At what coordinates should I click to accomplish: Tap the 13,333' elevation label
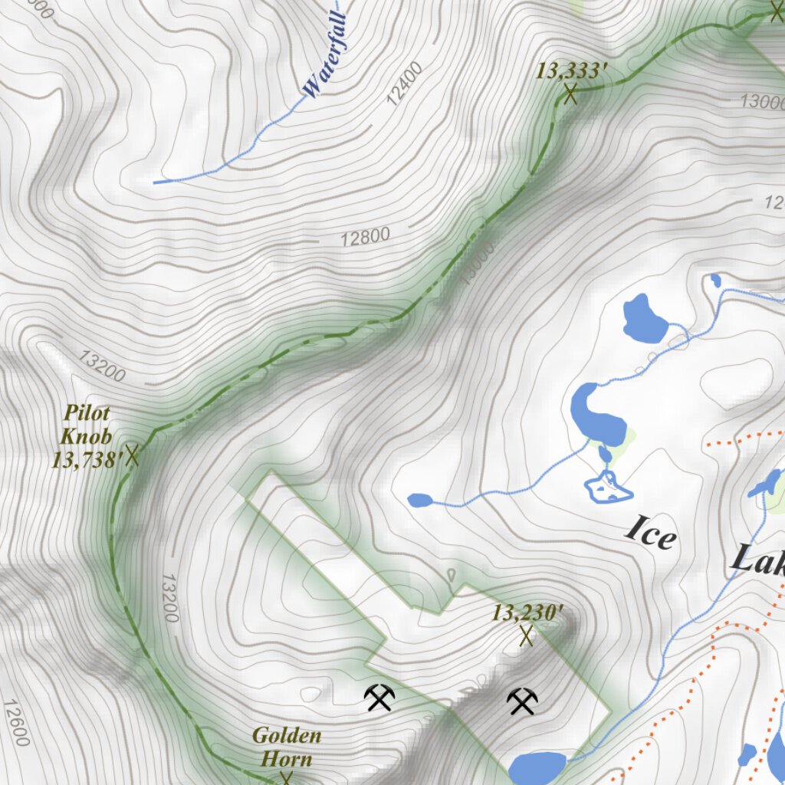[571, 71]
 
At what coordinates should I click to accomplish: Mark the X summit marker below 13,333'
[570, 94]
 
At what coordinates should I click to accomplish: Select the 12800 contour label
[365, 237]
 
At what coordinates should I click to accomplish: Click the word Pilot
[87, 413]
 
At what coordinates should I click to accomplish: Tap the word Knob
[87, 437]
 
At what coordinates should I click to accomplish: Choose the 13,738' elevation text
[87, 461]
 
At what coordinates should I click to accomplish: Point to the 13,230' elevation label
[527, 613]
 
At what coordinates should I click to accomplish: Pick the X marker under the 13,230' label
[527, 636]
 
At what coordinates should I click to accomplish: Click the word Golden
[287, 737]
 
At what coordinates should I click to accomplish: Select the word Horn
[287, 760]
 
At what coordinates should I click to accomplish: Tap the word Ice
[651, 531]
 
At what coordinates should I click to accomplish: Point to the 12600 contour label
[17, 723]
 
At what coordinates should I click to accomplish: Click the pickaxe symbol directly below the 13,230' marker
[522, 701]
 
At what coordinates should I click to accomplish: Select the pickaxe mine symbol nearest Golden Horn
[379, 697]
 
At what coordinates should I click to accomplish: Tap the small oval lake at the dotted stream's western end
[419, 501]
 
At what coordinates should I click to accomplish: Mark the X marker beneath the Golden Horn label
[286, 779]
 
